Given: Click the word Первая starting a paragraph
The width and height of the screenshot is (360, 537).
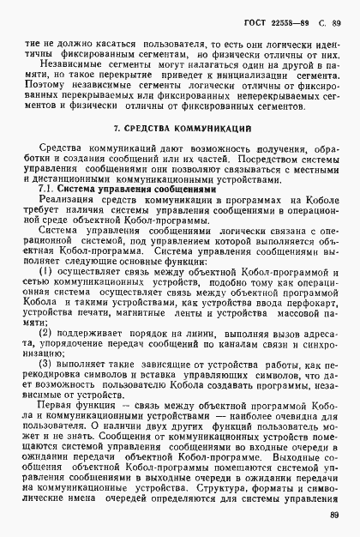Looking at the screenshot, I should pyautogui.click(x=62, y=426).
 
